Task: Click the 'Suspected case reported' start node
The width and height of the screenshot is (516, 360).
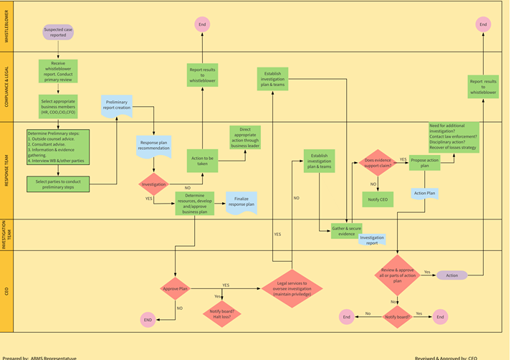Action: click(59, 32)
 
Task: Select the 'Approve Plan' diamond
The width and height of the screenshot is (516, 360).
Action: click(174, 288)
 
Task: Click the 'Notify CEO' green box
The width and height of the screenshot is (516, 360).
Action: click(378, 198)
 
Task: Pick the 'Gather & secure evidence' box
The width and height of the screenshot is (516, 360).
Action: click(346, 231)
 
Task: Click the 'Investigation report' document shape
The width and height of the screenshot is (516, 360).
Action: click(371, 240)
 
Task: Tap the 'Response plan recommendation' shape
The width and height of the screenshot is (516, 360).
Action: click(153, 146)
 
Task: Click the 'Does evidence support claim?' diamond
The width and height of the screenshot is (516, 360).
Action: click(378, 164)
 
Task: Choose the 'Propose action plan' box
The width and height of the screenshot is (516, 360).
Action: click(424, 164)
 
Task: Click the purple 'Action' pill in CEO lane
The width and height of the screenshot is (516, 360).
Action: click(451, 275)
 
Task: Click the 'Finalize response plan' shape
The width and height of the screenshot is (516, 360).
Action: click(241, 202)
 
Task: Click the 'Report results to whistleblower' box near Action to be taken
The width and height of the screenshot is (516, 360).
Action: click(202, 74)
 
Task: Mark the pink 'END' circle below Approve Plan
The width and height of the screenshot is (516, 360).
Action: click(148, 319)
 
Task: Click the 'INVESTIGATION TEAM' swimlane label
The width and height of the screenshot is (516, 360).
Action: click(6, 235)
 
